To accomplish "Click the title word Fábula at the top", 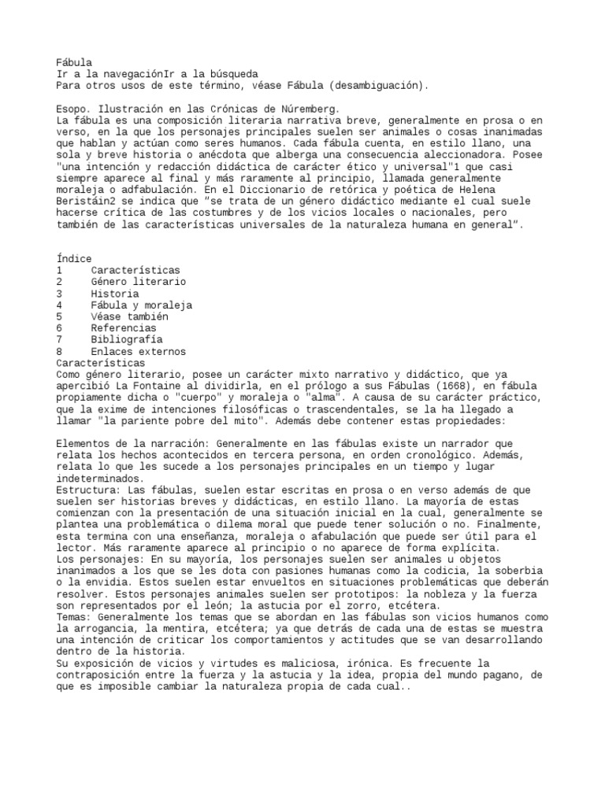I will tap(74, 62).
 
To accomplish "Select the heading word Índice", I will tap(74, 259).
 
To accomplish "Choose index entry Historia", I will tap(116, 294).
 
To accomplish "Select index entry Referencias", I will tap(124, 328).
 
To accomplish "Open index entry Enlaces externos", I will tap(139, 351).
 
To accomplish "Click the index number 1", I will tap(60, 271).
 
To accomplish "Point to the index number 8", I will tap(60, 351).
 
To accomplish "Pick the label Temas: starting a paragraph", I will tap(74, 616).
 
